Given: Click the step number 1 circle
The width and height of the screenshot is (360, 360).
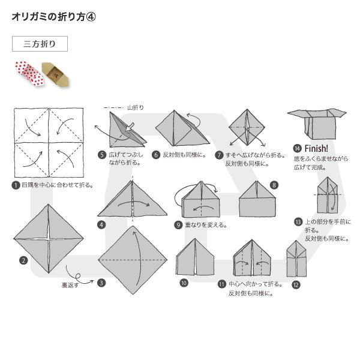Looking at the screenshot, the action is pos(16,185).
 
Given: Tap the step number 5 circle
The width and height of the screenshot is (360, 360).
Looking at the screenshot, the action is pos(102,155).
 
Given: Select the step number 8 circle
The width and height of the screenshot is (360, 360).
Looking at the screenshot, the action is pos(274,185).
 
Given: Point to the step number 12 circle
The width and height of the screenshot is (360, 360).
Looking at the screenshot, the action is pos(296,285).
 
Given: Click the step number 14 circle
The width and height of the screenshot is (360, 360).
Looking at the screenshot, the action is pos(298,149).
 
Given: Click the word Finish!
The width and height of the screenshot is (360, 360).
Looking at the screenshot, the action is pos(316,149).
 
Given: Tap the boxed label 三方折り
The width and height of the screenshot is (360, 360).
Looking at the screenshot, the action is pos(40,44).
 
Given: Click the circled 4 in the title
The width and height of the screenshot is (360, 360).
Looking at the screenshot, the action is pos(91,17).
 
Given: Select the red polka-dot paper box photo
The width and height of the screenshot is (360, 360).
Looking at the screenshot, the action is pos(29,73).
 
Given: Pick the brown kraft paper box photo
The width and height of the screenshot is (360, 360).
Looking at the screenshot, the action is pos(56,74).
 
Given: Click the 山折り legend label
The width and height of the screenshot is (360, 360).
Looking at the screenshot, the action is pos(136,107).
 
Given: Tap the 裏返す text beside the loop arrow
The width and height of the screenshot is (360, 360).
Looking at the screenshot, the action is pos(70,285).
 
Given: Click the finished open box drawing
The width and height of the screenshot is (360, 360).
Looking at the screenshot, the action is pos(317,124).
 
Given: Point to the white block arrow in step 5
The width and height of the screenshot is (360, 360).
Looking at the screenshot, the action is pos(130,127).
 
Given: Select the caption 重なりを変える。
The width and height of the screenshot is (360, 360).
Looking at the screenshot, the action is pos(206,225).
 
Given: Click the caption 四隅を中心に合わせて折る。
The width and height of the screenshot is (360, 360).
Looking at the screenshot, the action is pos(58,185).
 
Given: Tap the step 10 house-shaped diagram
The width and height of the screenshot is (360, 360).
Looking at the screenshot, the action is pos(195,257).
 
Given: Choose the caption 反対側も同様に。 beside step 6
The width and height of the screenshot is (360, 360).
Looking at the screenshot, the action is pos(184,155).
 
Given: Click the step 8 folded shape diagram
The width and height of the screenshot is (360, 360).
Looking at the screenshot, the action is pos(257,199).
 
